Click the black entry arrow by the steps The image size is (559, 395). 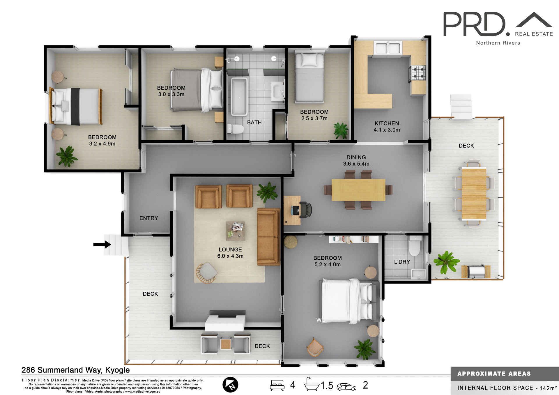(x=102, y=244)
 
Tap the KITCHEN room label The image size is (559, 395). (x=387, y=123)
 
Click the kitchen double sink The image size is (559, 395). (x=388, y=48)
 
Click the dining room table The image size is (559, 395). (x=358, y=190)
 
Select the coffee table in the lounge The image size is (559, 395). (x=235, y=231)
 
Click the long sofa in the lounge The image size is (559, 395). (x=268, y=237)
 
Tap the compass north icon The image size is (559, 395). (x=230, y=385)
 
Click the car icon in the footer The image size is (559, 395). (x=346, y=387)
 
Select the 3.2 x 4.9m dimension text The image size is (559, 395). (x=102, y=144)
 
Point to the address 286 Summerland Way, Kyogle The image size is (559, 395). (x=76, y=370)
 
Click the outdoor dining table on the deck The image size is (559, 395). (x=474, y=193)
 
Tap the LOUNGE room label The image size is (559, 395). (x=230, y=249)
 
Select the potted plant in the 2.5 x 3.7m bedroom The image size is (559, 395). (x=341, y=130)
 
